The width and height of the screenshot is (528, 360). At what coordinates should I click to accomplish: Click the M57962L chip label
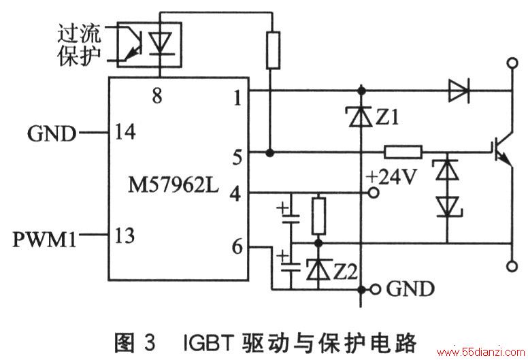(x=174, y=185)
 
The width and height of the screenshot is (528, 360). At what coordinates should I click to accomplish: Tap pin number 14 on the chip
(x=125, y=131)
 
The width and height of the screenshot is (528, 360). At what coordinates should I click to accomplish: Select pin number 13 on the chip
(x=125, y=235)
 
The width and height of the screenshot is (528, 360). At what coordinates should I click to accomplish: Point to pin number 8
(x=157, y=95)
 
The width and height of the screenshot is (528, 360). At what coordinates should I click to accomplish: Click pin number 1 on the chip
(x=237, y=98)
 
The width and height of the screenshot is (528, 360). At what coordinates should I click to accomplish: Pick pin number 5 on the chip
(x=237, y=157)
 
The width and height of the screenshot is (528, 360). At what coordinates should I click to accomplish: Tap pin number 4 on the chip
(x=235, y=195)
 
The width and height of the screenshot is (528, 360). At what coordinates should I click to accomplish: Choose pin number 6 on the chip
(x=237, y=247)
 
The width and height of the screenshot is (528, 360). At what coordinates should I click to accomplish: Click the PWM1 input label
(x=44, y=240)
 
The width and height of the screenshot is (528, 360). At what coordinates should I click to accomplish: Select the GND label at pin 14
(x=52, y=133)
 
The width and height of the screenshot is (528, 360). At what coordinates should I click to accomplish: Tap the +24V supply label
(x=392, y=177)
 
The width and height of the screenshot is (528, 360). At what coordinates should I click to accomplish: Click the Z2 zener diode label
(x=345, y=272)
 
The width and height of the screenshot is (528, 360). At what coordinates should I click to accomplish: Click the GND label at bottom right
(x=410, y=289)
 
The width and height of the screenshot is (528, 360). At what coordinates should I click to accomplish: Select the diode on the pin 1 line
(x=459, y=91)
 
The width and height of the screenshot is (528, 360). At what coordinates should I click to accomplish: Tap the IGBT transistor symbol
(x=501, y=151)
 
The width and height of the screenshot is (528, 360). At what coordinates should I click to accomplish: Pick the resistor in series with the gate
(x=403, y=152)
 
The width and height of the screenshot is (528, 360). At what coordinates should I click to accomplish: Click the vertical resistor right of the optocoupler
(x=273, y=50)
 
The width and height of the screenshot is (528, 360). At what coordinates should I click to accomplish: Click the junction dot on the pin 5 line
(x=269, y=153)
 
